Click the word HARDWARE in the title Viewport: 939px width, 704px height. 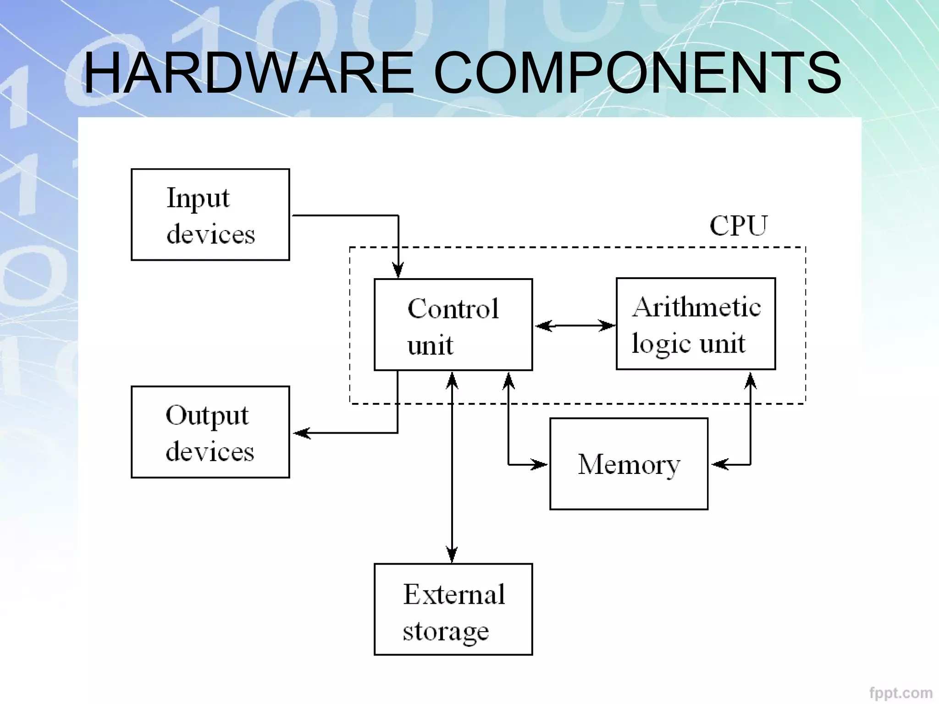249,73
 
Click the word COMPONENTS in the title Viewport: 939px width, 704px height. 637,73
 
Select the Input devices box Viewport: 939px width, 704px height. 210,214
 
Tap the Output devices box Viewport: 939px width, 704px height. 210,432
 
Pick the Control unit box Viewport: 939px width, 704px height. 453,324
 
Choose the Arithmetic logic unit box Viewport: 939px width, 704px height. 696,324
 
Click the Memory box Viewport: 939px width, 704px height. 629,464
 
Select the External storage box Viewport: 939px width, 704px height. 453,609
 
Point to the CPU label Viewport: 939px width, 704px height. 738,225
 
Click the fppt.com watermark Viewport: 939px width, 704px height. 900,693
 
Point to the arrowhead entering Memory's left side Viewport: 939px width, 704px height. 540,464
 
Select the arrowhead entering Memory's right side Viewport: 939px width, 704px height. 719,464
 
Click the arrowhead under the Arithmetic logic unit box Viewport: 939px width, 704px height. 751,380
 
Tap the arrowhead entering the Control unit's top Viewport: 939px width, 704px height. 398,271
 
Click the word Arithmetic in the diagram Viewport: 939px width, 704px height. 696,307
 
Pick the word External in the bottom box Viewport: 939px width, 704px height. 454,594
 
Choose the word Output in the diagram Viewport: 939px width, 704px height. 207,416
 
